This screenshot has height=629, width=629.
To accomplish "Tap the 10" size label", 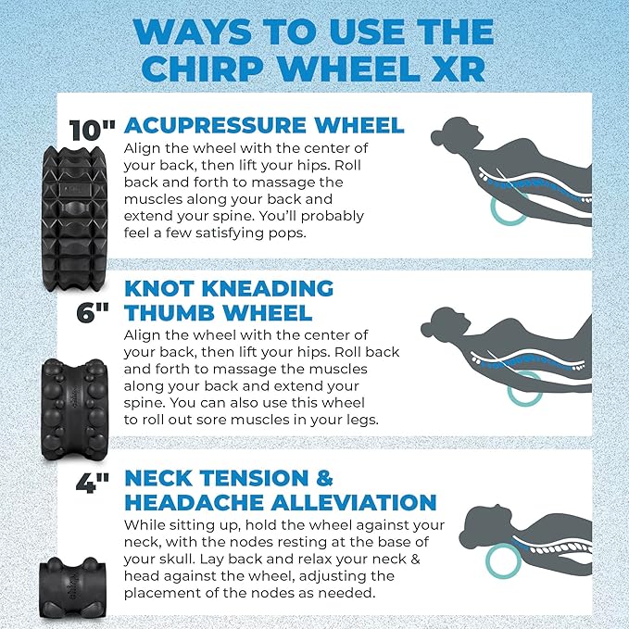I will pos(92,130).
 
